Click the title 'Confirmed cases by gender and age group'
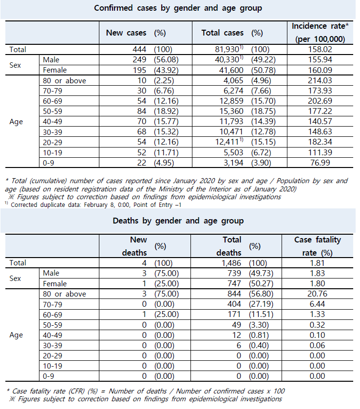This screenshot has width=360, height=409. (x=178, y=8)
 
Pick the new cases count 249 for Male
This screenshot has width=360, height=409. (x=138, y=59)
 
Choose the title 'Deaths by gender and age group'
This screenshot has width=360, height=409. (x=178, y=221)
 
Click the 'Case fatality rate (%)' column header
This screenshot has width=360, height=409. (x=318, y=246)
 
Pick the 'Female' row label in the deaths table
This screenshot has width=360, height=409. (x=55, y=283)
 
